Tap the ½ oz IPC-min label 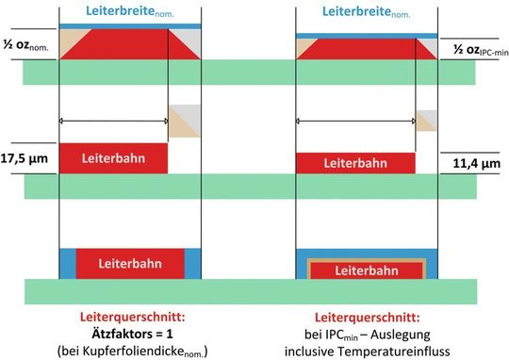pos(476,49)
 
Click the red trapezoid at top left pos(129,44)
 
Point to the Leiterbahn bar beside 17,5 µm pos(113,158)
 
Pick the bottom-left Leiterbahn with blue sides pos(129,264)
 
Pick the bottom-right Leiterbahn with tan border pos(366,270)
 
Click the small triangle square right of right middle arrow pos(426,121)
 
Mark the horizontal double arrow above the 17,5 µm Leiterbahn pos(113,121)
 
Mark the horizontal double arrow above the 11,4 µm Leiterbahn pos(355,122)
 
